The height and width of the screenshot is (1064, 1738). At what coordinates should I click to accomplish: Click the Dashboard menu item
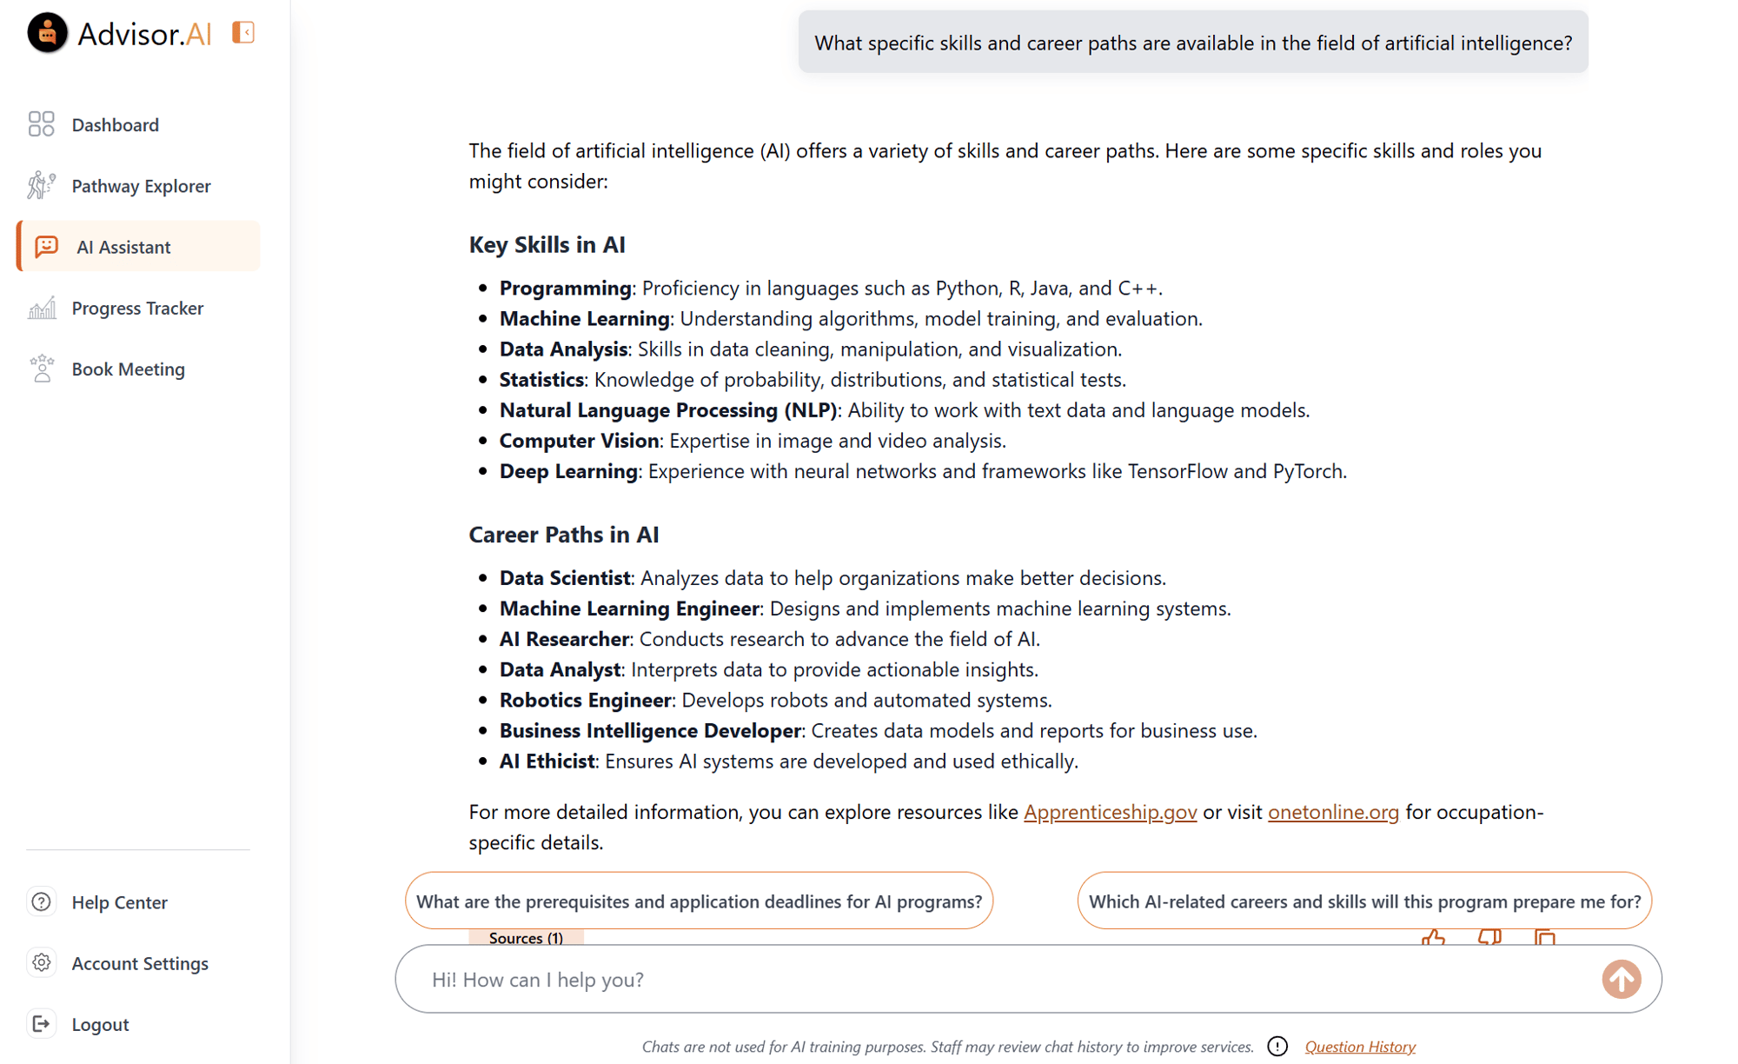point(115,125)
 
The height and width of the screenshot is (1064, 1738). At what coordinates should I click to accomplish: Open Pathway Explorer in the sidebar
point(141,186)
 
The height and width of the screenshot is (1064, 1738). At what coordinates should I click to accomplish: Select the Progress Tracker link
point(137,309)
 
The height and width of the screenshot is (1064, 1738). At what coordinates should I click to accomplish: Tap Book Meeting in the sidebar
point(128,369)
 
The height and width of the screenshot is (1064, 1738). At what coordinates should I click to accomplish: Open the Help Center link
point(119,902)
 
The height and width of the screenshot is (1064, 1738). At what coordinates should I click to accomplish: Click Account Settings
point(139,963)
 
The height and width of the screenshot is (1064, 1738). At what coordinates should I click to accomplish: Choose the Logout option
point(100,1024)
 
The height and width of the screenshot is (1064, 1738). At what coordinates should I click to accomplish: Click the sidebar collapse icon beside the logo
point(243,33)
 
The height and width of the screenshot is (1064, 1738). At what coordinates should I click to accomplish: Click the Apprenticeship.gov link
point(1110,812)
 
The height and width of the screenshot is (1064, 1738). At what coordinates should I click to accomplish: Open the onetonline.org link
point(1333,812)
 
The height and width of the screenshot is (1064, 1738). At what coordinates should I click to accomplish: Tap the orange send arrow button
point(1621,980)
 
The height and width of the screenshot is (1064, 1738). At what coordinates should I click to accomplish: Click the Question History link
point(1360,1047)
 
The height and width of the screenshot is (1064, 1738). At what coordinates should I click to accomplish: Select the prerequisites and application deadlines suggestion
point(699,901)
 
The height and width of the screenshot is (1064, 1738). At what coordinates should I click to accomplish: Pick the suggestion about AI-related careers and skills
point(1364,901)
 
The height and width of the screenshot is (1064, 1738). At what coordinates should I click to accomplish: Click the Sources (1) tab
point(526,938)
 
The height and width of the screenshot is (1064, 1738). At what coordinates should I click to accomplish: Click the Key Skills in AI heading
point(547,245)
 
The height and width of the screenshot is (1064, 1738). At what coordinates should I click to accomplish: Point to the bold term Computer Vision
point(579,441)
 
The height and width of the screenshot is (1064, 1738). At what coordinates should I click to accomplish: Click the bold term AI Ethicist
point(547,761)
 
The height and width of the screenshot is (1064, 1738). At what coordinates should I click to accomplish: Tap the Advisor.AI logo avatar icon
point(47,33)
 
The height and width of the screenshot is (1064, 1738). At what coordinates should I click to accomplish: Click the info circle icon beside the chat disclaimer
point(1277,1047)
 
